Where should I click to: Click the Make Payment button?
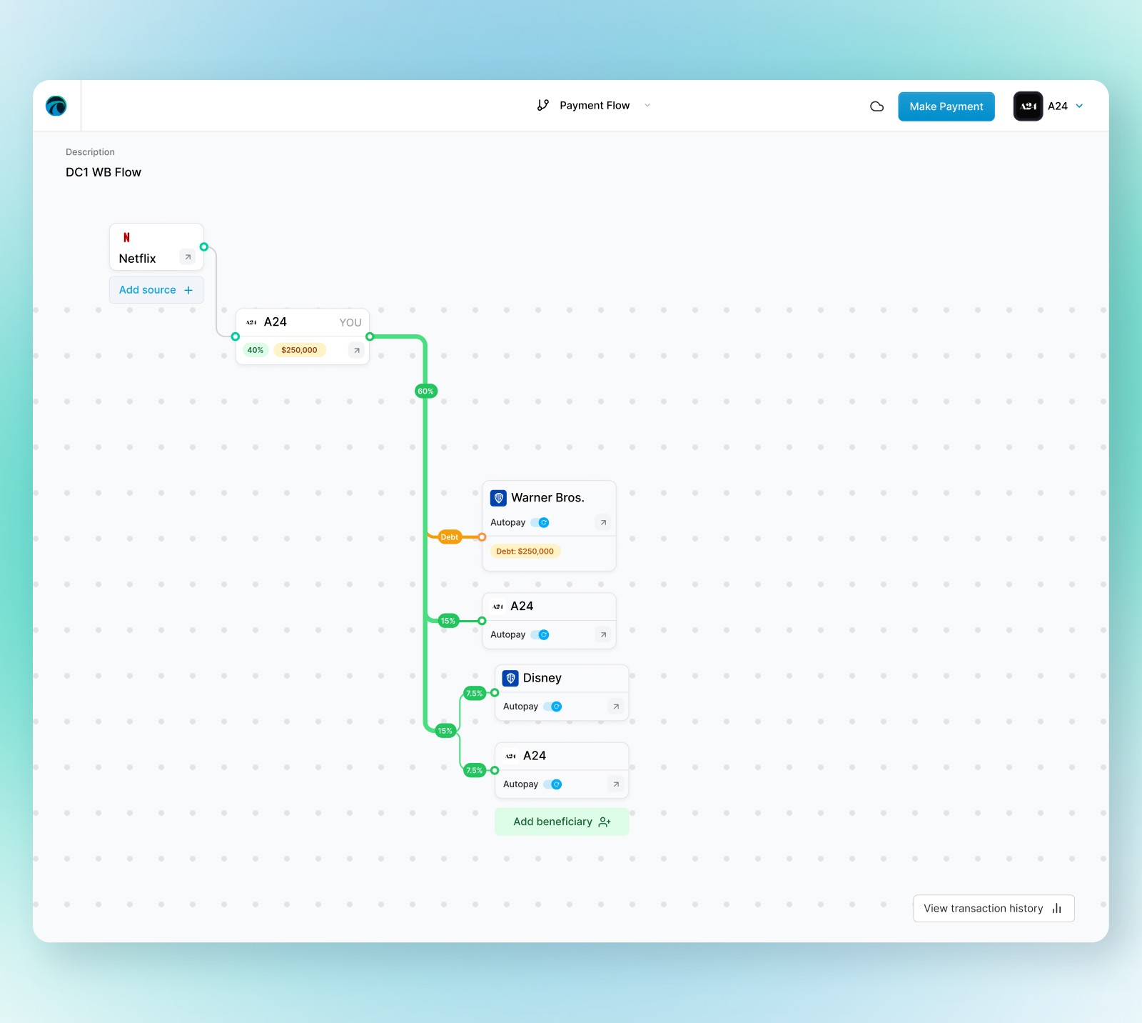[946, 106]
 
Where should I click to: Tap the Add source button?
[156, 290]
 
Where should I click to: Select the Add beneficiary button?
[562, 822]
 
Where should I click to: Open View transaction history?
[993, 909]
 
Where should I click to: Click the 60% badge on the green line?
[425, 391]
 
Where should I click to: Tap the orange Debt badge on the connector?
[449, 537]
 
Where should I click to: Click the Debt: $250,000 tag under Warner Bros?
[525, 552]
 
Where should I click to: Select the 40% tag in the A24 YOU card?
[256, 350]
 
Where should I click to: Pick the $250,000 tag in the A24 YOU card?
[299, 350]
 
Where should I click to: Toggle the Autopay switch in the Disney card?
[553, 707]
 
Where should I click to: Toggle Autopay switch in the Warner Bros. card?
[540, 523]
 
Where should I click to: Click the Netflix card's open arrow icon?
[188, 257]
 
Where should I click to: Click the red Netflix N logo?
[126, 237]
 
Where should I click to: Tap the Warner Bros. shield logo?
[498, 498]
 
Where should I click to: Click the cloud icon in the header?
[876, 106]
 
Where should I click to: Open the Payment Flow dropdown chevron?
[647, 106]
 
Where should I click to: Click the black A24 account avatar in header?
[1028, 106]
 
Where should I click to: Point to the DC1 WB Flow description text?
[103, 172]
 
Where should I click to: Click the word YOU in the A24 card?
[350, 323]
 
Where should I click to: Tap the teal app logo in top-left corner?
[56, 106]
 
